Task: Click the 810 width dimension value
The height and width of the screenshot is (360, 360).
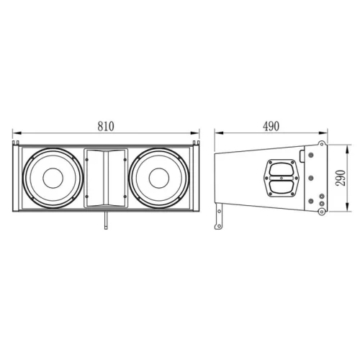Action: pyautogui.click(x=105, y=125)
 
